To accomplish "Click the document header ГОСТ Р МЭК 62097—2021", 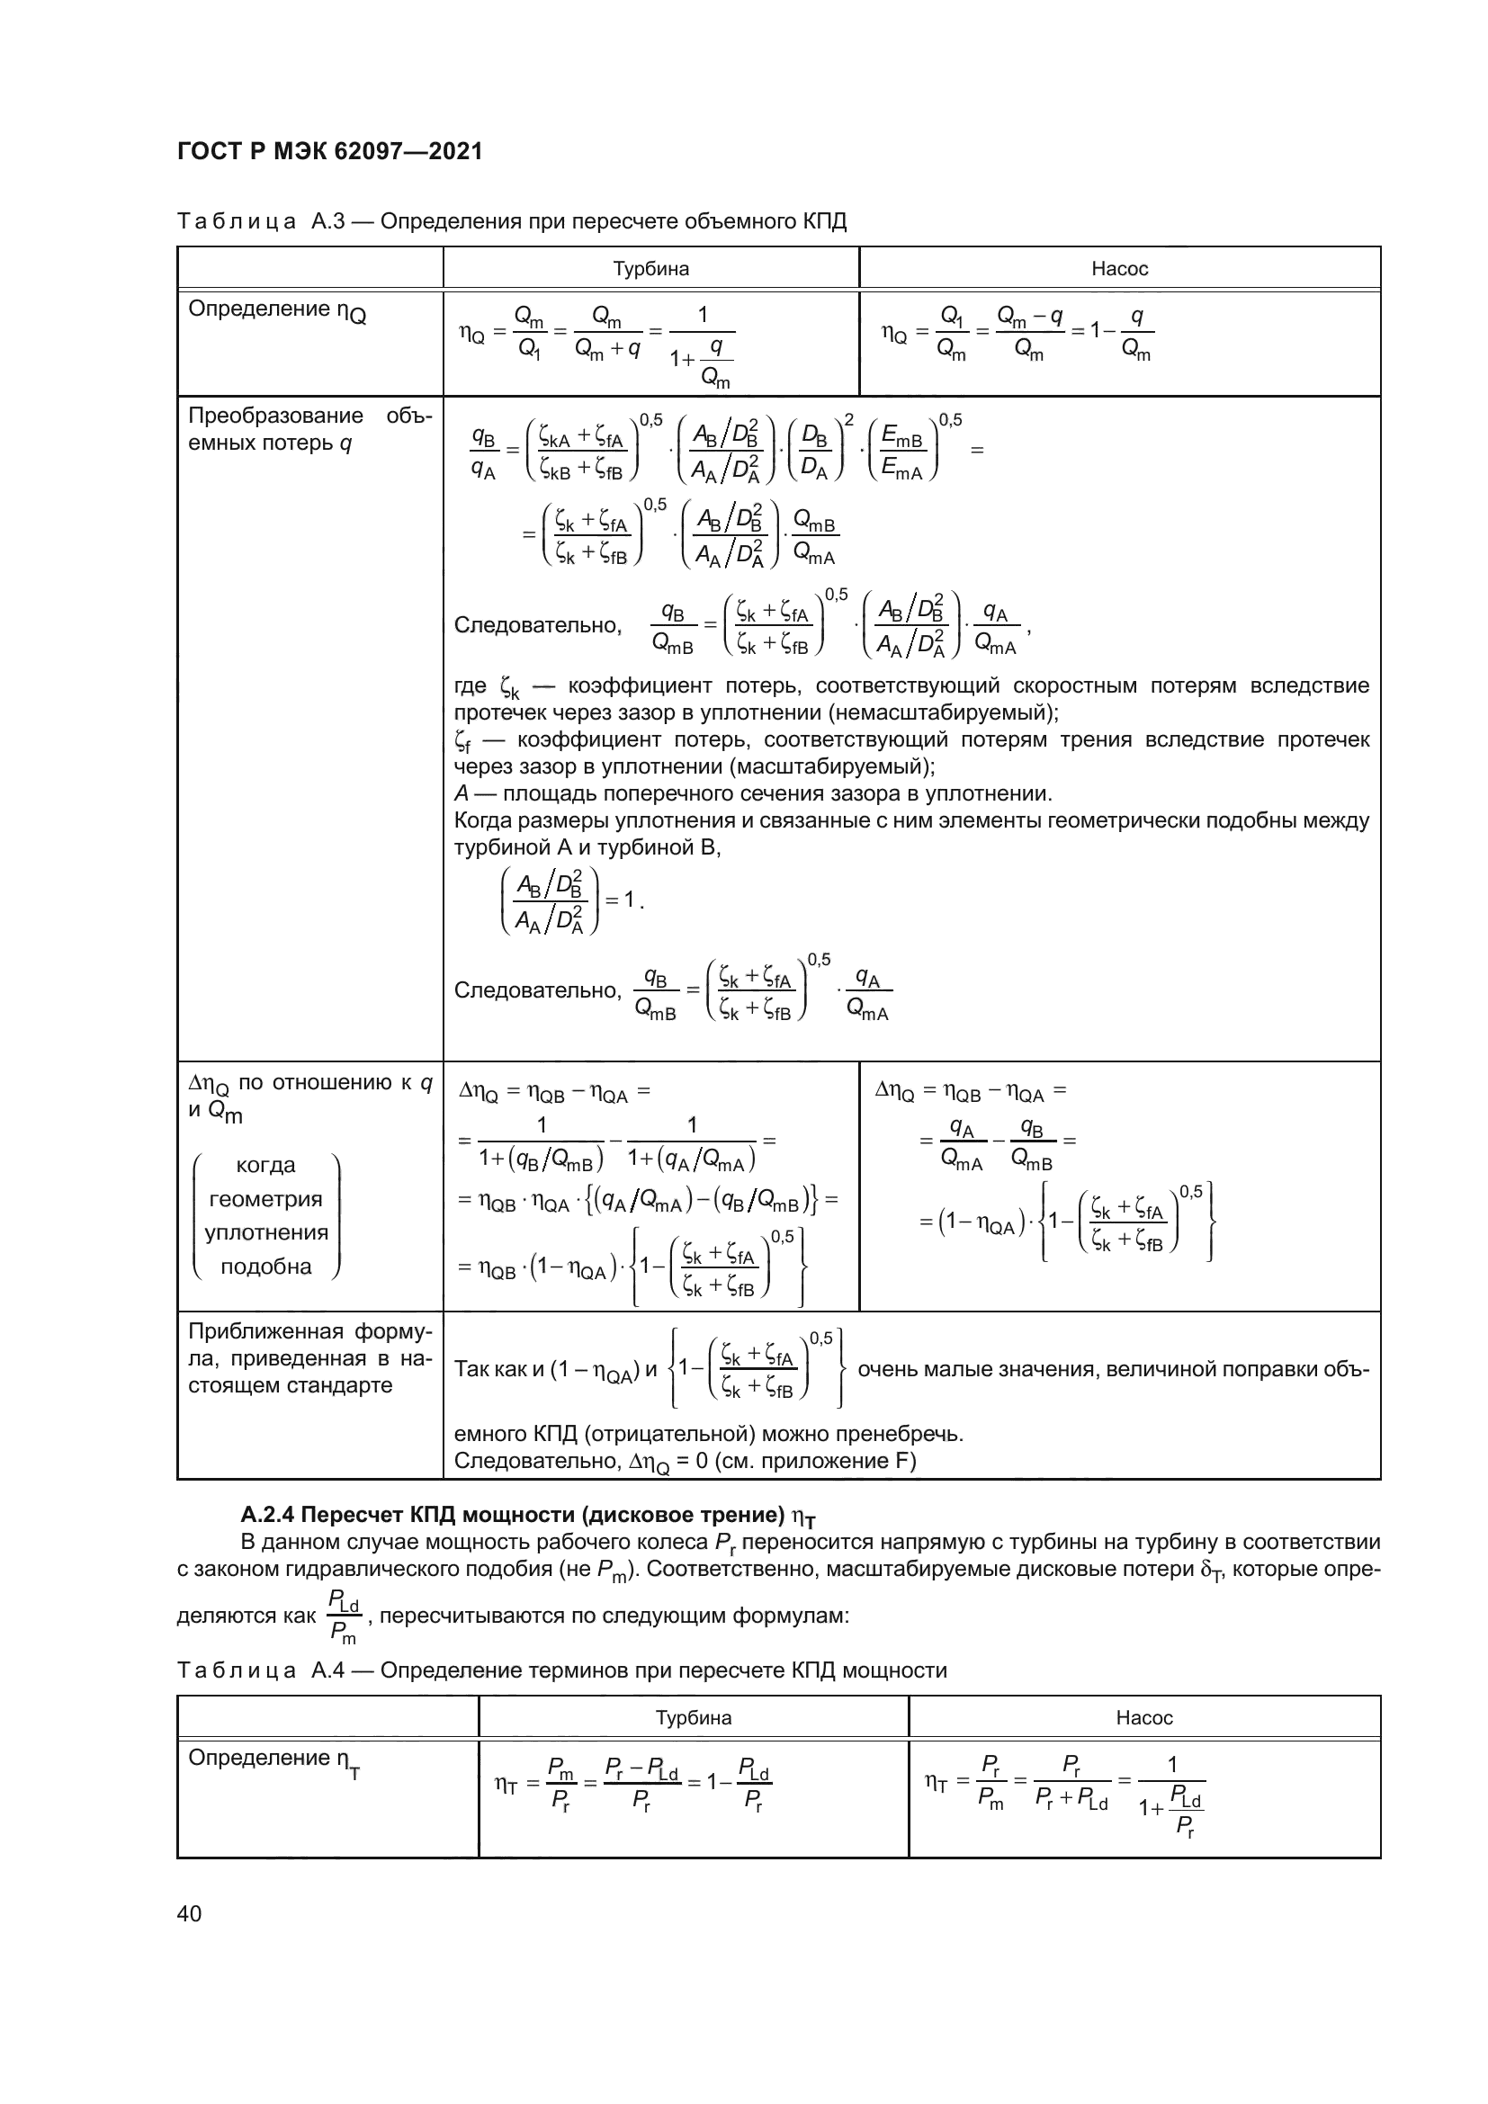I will [330, 151].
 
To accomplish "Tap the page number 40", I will [190, 1913].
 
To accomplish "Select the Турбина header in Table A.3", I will [650, 268].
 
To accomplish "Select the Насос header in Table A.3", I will [1119, 268].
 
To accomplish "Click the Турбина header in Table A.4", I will [693, 1717].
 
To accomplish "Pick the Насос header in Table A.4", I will [1143, 1717].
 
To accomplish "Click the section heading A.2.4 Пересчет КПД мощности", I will [528, 1514].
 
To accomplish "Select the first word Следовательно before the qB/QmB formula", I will [538, 625].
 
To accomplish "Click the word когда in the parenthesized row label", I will [265, 1165].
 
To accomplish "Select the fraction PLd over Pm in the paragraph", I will [344, 1616].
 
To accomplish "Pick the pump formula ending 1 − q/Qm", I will [1017, 335].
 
